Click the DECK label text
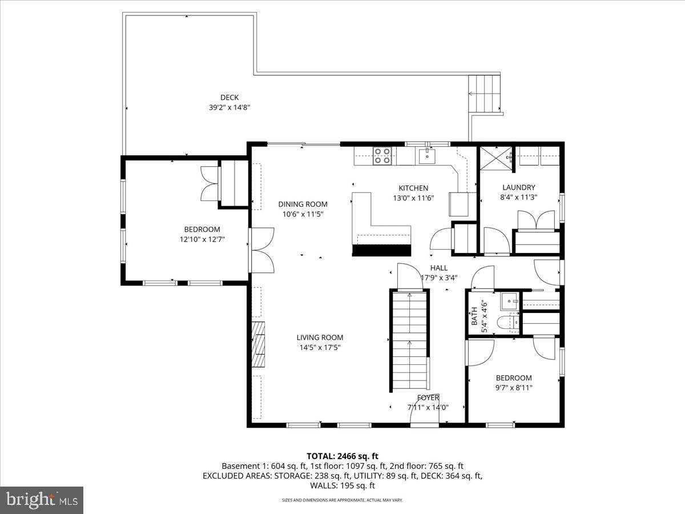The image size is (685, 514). click(229, 97)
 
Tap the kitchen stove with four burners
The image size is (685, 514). click(382, 155)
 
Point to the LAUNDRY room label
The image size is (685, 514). click(518, 187)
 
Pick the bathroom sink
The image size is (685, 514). click(509, 300)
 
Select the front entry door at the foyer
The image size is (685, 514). click(425, 423)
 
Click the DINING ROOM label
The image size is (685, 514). click(303, 204)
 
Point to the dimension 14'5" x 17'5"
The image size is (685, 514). click(320, 347)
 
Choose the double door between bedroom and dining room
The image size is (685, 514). click(261, 250)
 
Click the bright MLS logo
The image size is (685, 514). click(42, 500)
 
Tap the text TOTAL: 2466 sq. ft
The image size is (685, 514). click(342, 456)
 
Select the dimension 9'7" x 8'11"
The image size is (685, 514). click(514, 388)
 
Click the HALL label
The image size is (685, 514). click(439, 268)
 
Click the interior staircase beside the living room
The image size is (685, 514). click(409, 340)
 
